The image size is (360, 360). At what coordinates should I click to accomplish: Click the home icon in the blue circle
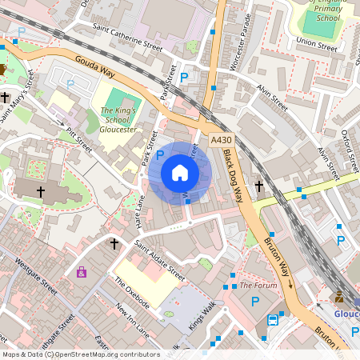(180, 173)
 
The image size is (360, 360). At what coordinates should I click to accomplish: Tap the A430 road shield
(221, 140)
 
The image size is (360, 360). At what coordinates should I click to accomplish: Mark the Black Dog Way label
(233, 175)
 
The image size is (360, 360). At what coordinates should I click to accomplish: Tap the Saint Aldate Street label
(159, 259)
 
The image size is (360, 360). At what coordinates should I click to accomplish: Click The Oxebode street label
(131, 293)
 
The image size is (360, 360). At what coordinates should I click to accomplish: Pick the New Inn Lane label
(132, 318)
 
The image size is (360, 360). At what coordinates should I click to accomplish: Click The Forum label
(258, 285)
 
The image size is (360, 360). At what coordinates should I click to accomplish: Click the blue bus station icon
(273, 321)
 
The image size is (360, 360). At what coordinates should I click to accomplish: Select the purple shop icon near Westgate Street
(82, 272)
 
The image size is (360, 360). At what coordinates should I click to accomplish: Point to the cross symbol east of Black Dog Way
(258, 186)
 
